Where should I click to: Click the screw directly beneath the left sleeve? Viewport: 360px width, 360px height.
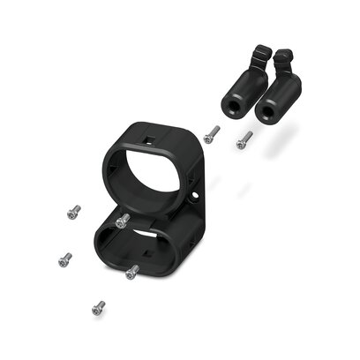pos(212,133)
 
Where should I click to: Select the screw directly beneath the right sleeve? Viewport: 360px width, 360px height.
pos(244,139)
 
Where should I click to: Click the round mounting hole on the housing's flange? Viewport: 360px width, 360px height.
pos(194,188)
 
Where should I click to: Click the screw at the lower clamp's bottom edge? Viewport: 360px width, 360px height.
pos(132,272)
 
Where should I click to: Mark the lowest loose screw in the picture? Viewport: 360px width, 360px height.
pos(98,307)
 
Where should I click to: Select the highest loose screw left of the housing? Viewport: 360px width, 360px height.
pos(73,212)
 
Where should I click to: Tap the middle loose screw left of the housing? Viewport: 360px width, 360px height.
pos(64,259)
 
